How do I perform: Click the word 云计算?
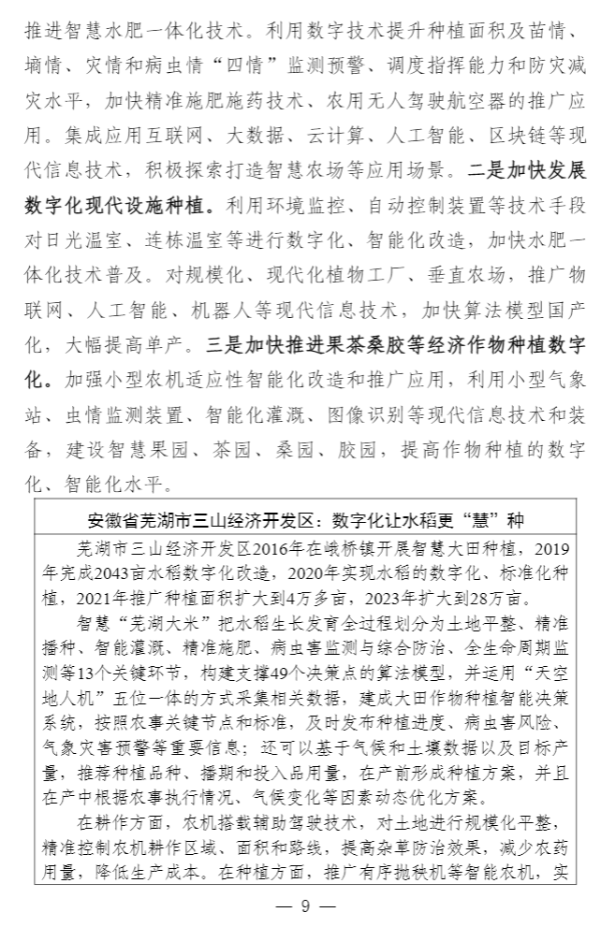tap(300, 138)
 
